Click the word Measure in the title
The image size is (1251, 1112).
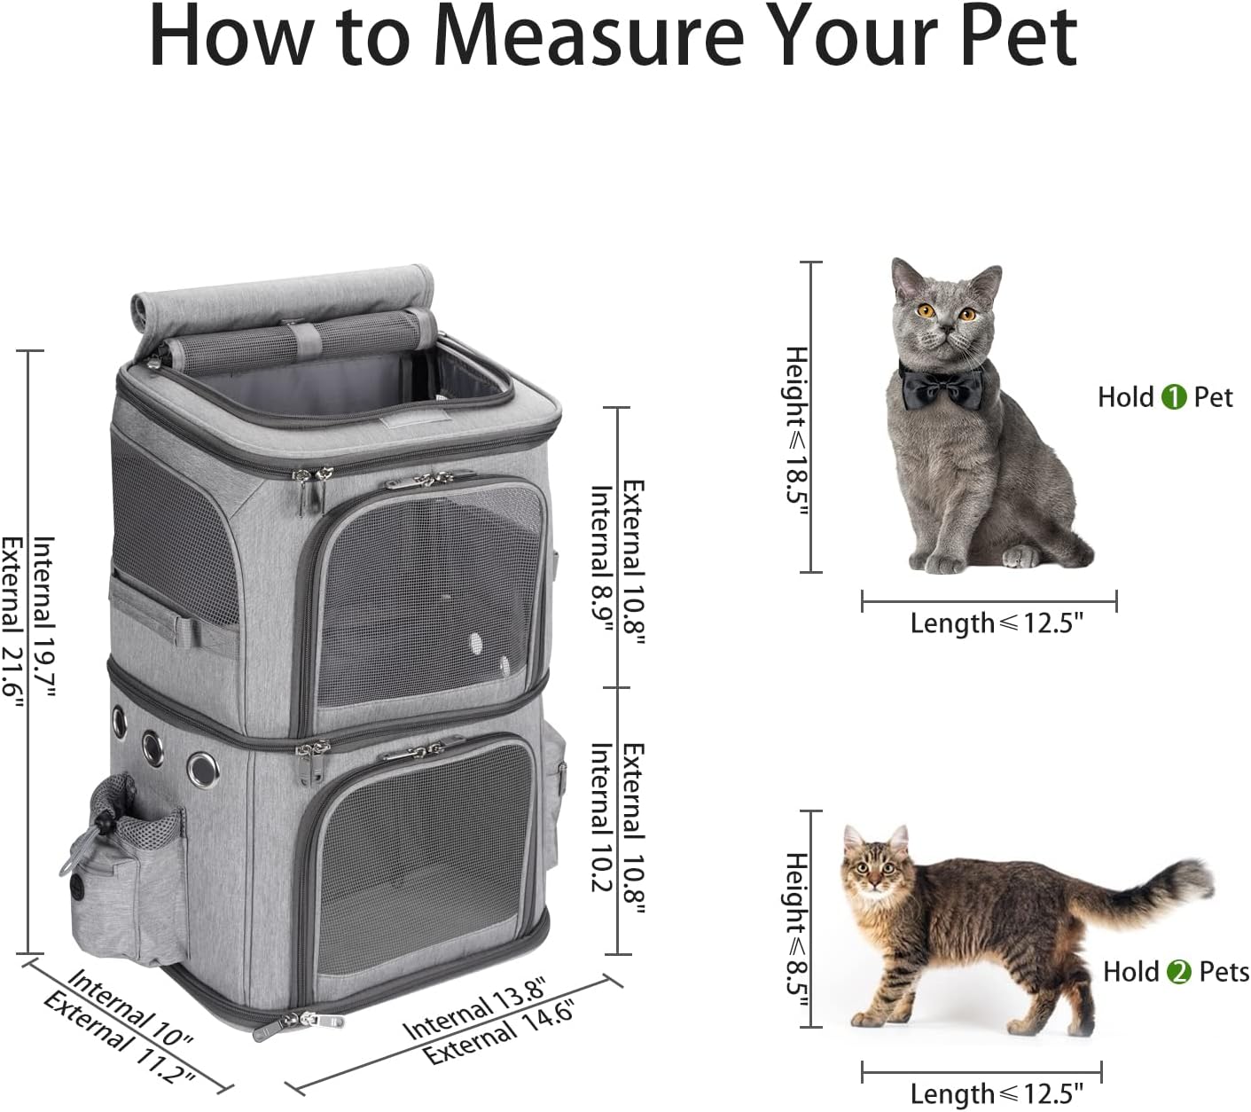click(x=588, y=38)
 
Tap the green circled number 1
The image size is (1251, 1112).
click(x=1173, y=397)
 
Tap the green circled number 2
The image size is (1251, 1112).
click(x=1178, y=972)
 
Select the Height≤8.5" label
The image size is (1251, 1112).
click(x=797, y=931)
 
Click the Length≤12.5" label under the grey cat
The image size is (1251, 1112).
click(x=997, y=623)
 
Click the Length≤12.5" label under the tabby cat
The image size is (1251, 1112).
click(x=997, y=1093)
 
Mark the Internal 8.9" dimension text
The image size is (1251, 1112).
click(x=602, y=560)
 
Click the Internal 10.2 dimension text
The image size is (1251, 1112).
click(x=602, y=818)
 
